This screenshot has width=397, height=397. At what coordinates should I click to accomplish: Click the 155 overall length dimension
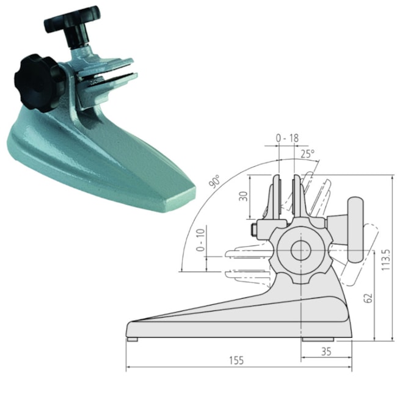click(x=237, y=360)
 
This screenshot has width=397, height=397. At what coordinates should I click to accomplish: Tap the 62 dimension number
click(x=366, y=297)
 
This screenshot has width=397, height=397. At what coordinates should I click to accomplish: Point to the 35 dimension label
click(x=326, y=351)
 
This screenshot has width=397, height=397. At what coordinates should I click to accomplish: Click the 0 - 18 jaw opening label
click(x=286, y=139)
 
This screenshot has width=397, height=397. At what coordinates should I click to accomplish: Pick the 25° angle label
click(x=308, y=154)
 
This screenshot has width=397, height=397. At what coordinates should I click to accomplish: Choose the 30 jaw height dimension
click(x=243, y=197)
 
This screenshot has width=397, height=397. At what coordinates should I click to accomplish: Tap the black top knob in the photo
click(x=71, y=19)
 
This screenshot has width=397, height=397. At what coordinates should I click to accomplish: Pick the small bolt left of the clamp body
click(x=253, y=230)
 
